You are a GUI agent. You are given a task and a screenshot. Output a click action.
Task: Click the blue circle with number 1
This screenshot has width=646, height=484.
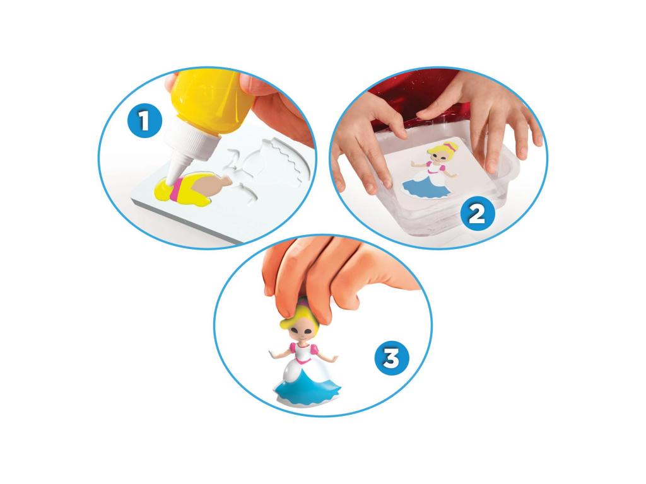coord(144,120)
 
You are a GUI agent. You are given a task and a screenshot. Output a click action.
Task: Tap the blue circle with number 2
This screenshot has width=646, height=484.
coord(477,214)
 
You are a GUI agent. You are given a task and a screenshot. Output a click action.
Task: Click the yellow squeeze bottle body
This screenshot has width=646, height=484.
coord(209,102)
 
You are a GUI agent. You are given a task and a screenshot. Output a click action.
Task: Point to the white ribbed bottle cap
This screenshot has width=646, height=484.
coord(189,142)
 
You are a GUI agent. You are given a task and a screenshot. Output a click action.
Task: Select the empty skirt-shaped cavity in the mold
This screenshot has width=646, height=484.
coord(285,164)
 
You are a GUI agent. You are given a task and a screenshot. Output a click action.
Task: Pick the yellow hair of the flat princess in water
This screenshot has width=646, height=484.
coord(439,151)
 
